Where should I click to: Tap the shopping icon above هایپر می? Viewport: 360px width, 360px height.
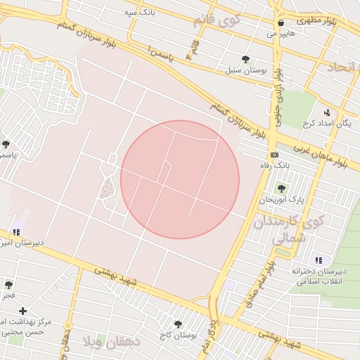click(281, 22)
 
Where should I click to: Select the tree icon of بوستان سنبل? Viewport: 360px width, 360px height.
click(245, 59)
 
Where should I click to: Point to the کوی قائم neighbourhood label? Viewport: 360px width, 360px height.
click(217, 19)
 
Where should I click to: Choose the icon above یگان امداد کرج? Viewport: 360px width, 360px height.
click(327, 112)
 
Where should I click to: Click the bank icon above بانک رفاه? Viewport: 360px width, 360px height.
click(274, 154)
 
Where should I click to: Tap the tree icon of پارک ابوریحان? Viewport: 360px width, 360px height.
click(281, 188)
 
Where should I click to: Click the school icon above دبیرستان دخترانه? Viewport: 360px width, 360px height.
click(319, 260)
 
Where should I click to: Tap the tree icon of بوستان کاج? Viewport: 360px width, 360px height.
click(177, 324)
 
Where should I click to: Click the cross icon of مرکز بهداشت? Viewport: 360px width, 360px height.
click(23, 310)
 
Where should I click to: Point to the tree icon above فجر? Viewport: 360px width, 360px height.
click(8, 285)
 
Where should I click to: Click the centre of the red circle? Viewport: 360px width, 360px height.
click(180, 180)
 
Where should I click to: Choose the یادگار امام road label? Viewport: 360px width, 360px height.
click(207, 335)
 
